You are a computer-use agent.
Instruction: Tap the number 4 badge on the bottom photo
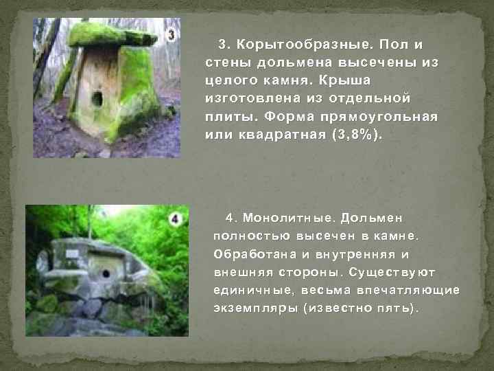pyautogui.click(x=175, y=220)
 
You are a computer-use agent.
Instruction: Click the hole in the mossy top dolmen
pyautogui.click(x=97, y=99)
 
